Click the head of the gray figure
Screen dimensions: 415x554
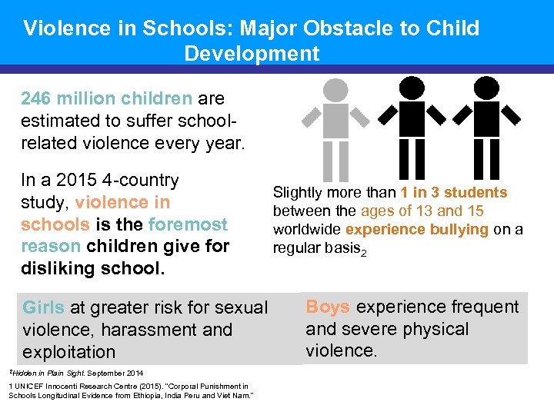(335, 89)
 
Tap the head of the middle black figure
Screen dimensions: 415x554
(412, 89)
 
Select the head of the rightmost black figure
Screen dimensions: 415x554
(486, 89)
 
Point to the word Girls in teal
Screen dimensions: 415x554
(43, 308)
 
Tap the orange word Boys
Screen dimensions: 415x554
(328, 307)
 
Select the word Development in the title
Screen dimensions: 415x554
(252, 54)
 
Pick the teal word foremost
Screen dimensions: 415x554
(188, 225)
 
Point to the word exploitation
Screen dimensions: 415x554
(69, 353)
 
